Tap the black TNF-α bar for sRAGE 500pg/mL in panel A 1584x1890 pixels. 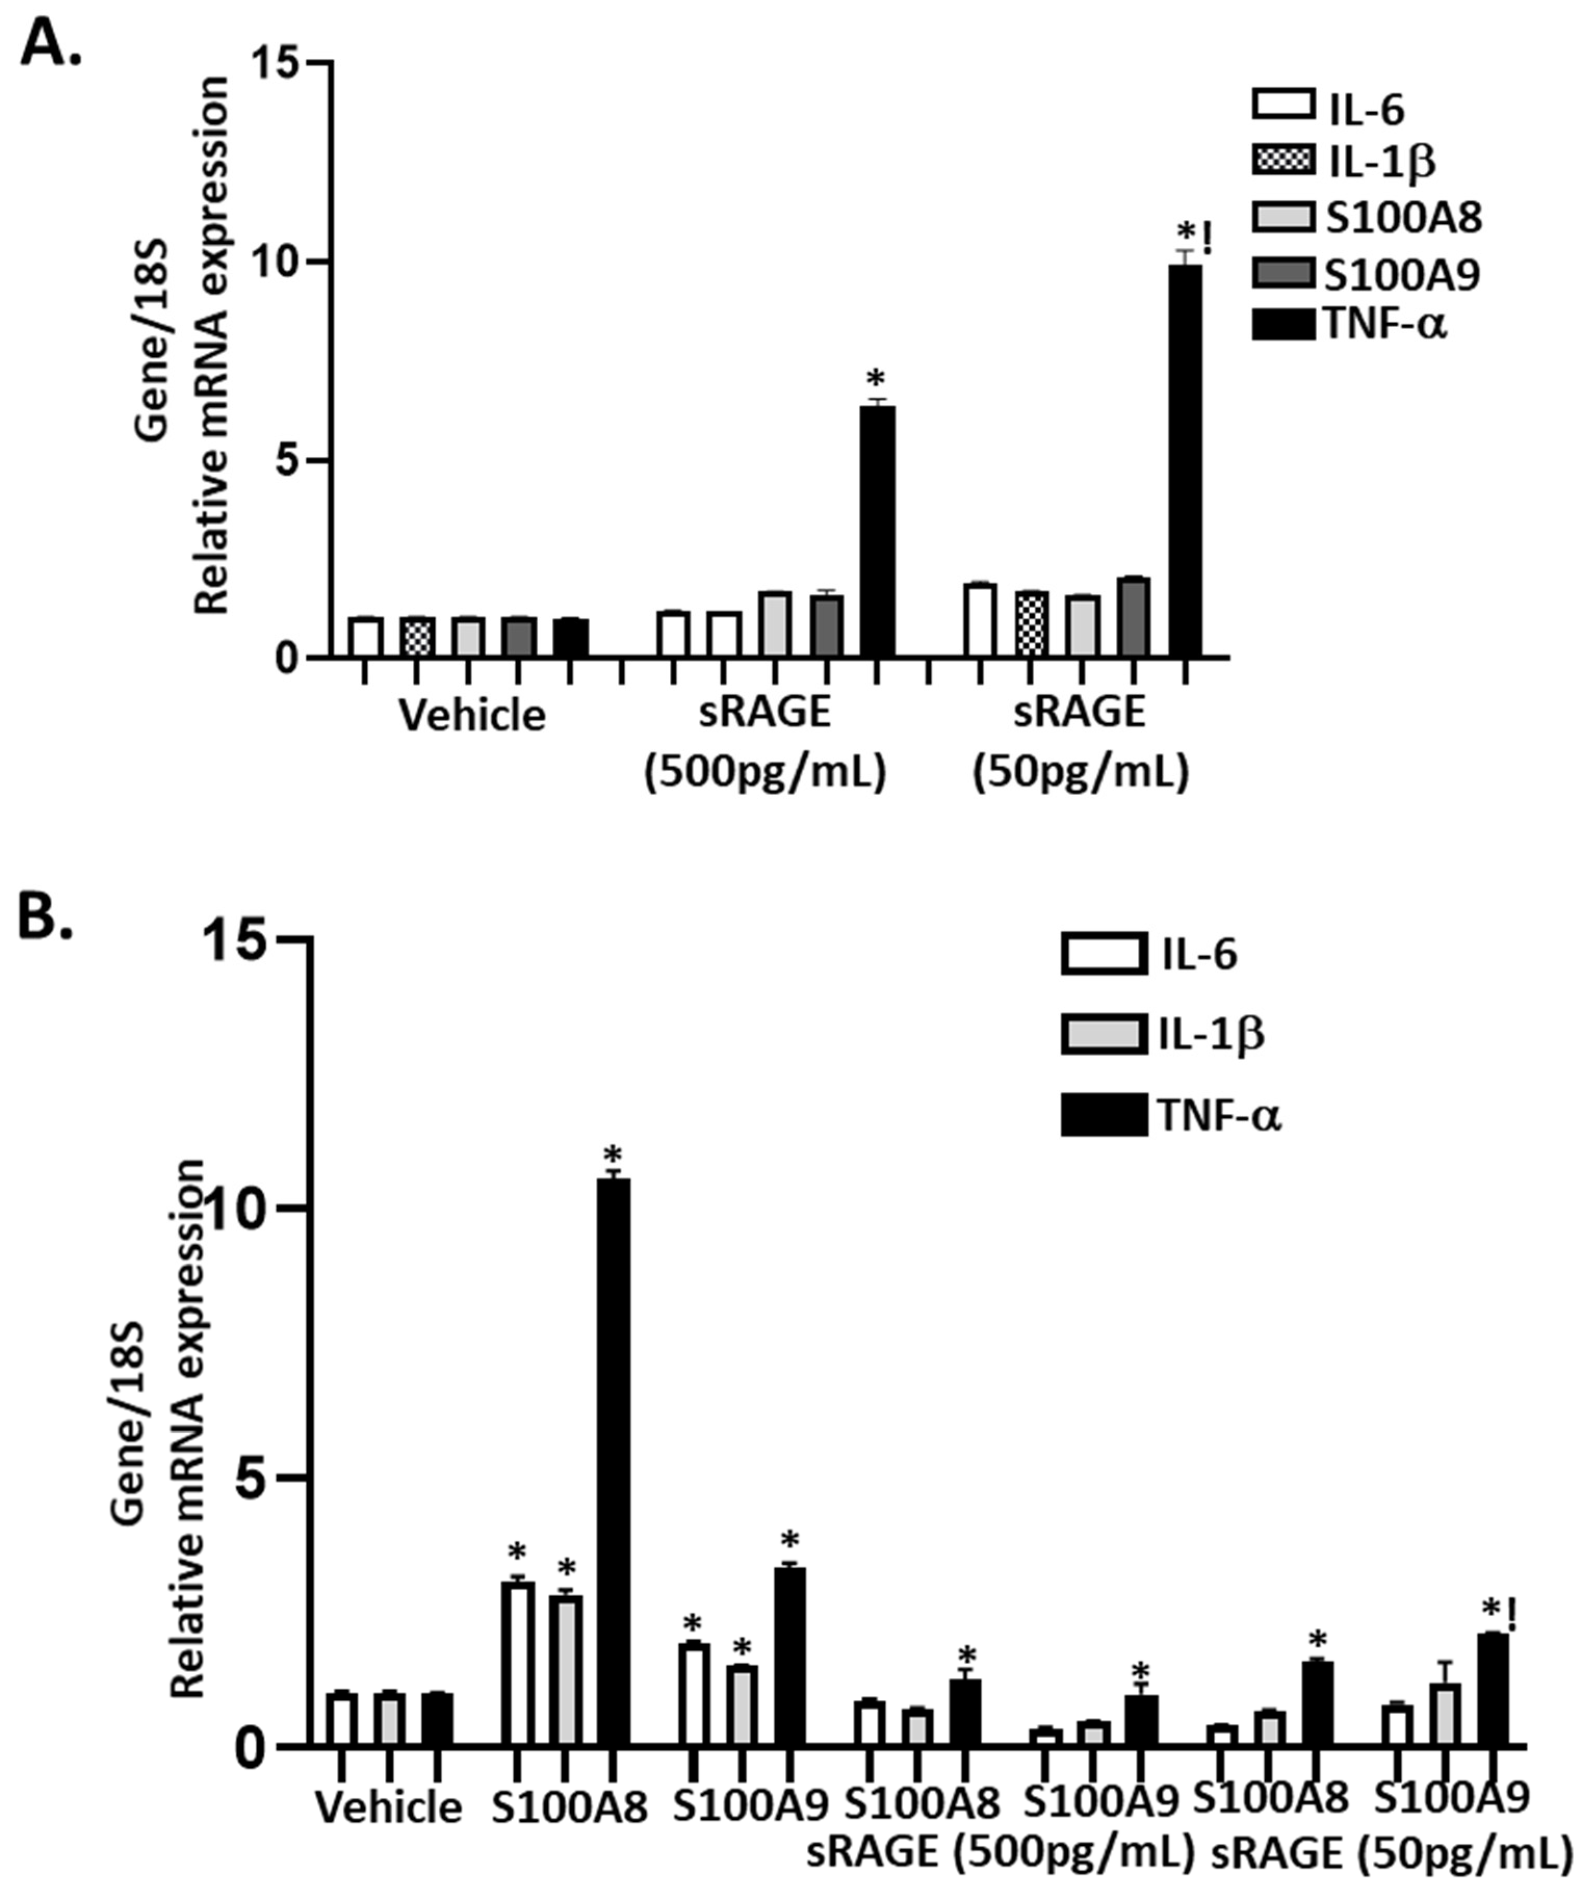click(877, 531)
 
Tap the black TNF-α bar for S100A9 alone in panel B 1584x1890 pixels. click(789, 1656)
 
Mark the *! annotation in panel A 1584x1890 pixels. click(1195, 239)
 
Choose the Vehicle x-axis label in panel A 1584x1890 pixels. click(473, 715)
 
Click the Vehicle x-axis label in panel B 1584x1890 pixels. click(389, 1807)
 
